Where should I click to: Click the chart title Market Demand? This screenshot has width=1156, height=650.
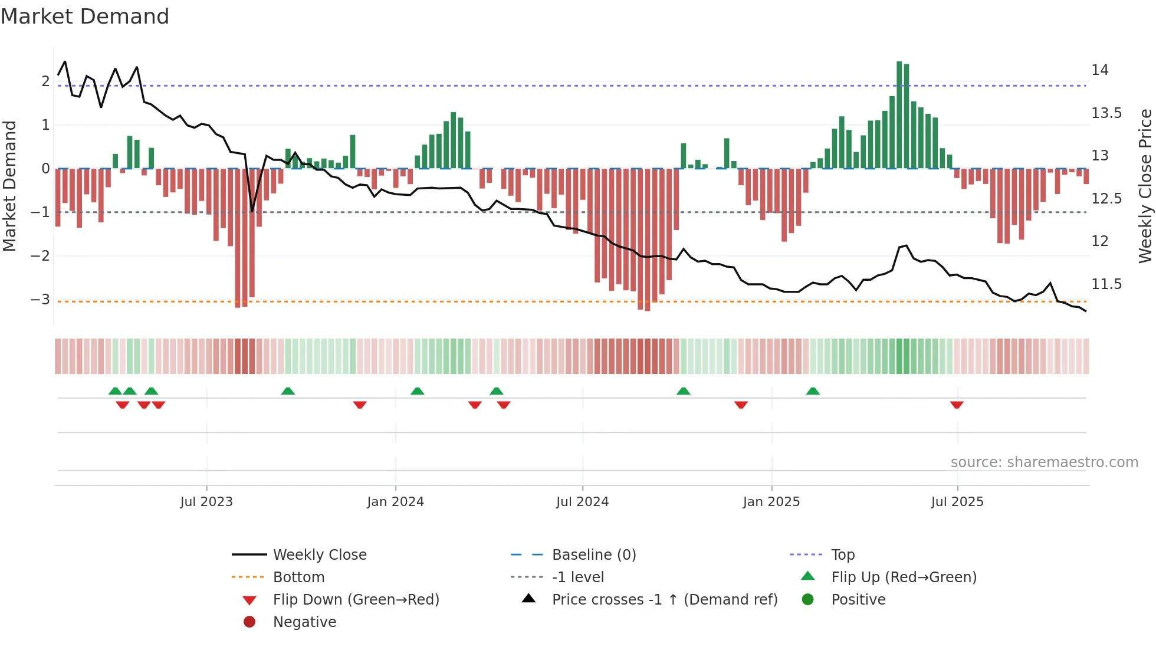pyautogui.click(x=85, y=17)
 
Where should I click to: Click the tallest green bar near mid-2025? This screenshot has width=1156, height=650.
pyautogui.click(x=899, y=115)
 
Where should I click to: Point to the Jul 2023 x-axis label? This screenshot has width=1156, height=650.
pyautogui.click(x=206, y=502)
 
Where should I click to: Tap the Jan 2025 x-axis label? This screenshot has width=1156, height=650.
pyautogui.click(x=771, y=502)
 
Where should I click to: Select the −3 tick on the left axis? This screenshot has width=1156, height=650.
pyautogui.click(x=40, y=300)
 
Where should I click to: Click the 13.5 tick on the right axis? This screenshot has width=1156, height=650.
pyautogui.click(x=1106, y=113)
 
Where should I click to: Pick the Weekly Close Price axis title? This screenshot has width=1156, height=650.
pyautogui.click(x=1145, y=186)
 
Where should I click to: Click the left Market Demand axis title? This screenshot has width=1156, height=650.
pyautogui.click(x=9, y=186)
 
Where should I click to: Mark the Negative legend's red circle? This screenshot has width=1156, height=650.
pyautogui.click(x=249, y=622)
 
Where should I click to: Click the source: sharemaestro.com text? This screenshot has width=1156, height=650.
pyautogui.click(x=1044, y=462)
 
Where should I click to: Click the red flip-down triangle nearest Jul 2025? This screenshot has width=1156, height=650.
pyautogui.click(x=957, y=405)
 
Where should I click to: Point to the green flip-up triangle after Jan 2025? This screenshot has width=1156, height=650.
pyautogui.click(x=813, y=391)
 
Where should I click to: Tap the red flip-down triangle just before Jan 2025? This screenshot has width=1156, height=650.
pyautogui.click(x=741, y=405)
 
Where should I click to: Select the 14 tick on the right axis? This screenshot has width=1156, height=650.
pyautogui.click(x=1099, y=70)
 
